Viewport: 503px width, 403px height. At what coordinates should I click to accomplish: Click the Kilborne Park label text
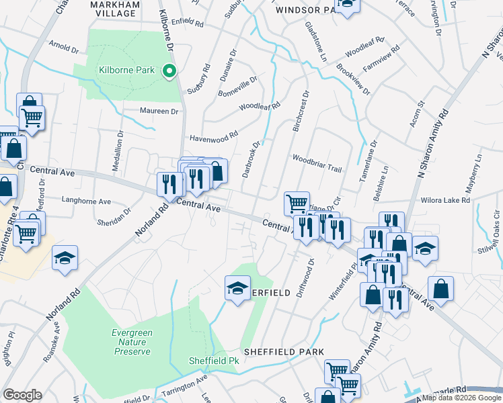pos(126,70)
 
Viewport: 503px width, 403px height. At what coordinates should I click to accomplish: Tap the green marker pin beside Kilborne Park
pos(171,70)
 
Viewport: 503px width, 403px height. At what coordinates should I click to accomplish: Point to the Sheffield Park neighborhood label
pos(284,352)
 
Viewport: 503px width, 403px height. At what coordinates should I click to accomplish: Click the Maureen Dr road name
pos(159,111)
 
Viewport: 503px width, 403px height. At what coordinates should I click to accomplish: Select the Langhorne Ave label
pos(85,201)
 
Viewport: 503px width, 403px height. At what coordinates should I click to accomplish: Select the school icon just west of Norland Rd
pos(65,258)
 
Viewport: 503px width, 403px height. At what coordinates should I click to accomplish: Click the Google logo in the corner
pos(22,395)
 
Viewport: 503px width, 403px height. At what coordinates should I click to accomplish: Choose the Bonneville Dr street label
pos(238,87)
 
